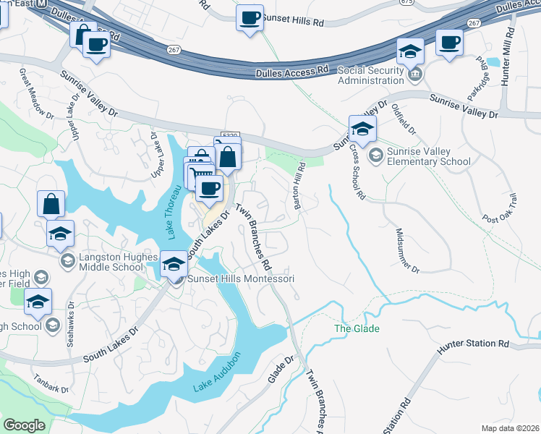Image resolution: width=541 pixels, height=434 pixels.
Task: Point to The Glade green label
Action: tap(357, 328)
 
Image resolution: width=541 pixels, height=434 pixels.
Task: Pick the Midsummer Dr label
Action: tap(407, 250)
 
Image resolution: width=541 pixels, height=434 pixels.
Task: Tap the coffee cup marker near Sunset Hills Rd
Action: tap(250, 17)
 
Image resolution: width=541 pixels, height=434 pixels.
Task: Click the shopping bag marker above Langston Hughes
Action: tap(51, 204)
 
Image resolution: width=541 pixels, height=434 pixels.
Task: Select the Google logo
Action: tap(25, 425)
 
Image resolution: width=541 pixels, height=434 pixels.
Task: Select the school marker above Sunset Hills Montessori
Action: tap(174, 264)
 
